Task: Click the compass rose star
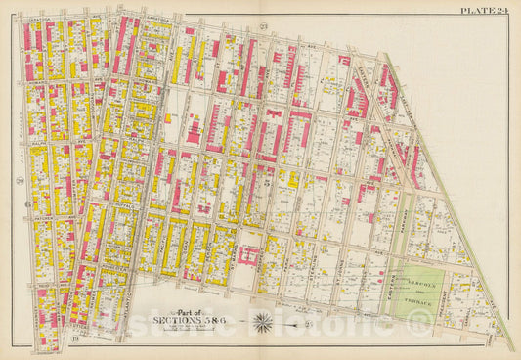263,320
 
